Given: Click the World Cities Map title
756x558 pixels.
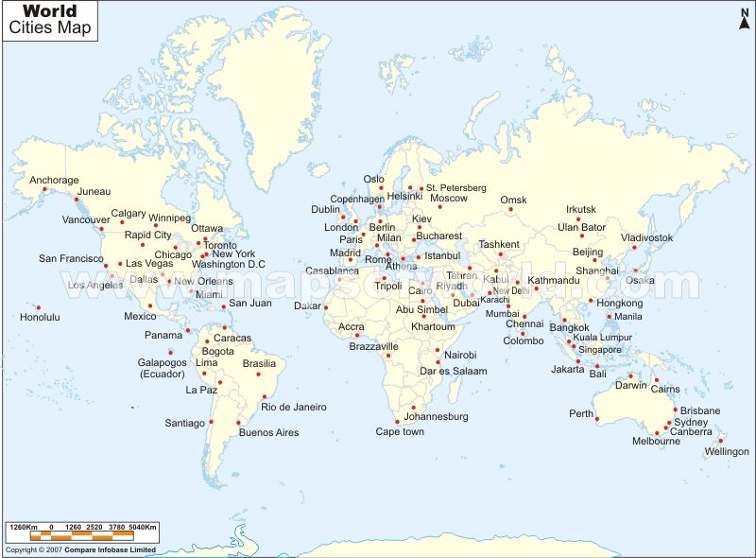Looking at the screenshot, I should [51, 20].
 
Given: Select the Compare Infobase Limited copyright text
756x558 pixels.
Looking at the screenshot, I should [80, 549].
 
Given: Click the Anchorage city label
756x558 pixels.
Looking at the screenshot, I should [54, 180].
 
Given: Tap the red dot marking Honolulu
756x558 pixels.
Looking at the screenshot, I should [39, 306].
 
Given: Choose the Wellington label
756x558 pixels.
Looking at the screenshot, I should [727, 451].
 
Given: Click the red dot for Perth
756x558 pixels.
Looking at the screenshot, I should [597, 418].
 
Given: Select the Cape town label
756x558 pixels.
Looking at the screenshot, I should [400, 431].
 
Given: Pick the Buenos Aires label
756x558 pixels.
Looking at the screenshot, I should [268, 432].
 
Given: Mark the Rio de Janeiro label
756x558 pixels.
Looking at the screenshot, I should [294, 407].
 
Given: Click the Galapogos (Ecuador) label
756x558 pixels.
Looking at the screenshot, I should [163, 367].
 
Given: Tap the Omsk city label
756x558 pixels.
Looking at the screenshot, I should [513, 200].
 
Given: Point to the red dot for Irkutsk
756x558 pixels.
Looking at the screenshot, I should [579, 219].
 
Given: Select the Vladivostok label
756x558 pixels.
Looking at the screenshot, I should [647, 237].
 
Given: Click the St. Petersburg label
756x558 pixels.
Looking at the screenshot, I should [455, 187].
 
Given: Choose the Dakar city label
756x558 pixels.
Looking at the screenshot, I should [307, 305].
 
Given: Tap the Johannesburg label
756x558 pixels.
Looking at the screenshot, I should [436, 416].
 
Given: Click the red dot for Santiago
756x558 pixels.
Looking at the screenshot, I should [212, 422].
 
